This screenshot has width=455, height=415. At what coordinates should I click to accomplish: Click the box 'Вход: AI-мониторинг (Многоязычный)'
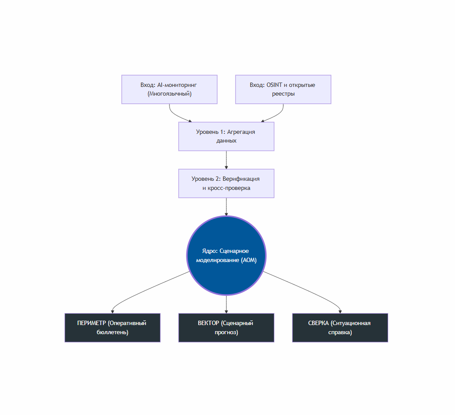coord(169,89)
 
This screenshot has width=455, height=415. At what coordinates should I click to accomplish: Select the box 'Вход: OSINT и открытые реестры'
coord(283,89)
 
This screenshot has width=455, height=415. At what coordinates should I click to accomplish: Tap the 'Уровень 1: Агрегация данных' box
coord(226,136)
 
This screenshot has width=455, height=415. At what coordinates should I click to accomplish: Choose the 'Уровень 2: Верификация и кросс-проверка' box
coord(226,183)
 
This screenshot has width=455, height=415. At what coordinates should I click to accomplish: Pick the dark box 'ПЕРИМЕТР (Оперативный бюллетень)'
coord(112,328)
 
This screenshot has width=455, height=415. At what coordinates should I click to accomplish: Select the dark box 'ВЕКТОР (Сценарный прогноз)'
coord(226,328)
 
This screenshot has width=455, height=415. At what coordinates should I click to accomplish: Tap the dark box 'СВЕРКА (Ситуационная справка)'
coord(340,328)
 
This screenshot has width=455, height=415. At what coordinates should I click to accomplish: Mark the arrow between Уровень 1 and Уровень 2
coord(226,160)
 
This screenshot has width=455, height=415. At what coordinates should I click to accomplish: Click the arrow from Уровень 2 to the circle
coord(226,207)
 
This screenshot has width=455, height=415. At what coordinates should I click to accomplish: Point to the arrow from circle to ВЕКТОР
coord(226,304)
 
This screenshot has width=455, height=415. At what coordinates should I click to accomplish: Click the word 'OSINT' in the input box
coord(274,85)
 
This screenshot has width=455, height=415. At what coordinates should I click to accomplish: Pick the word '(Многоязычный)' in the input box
coord(169,93)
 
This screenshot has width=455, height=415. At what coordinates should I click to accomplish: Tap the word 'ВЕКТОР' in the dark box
coord(208,323)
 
